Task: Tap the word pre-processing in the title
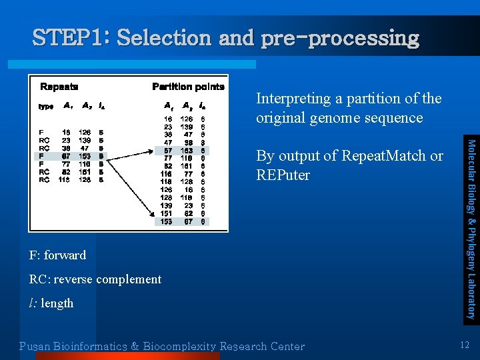tap(340, 38)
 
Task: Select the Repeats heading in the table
tap(59, 87)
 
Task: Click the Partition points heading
tap(189, 87)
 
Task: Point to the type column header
tap(46, 106)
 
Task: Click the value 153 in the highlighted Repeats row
tap(85, 155)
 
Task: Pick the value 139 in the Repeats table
tap(85, 140)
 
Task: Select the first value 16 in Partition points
tap(168, 119)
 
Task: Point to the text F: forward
tap(58, 255)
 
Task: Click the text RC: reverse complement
tap(95, 279)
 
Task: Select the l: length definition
tap(51, 303)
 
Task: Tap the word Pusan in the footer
tap(37, 346)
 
